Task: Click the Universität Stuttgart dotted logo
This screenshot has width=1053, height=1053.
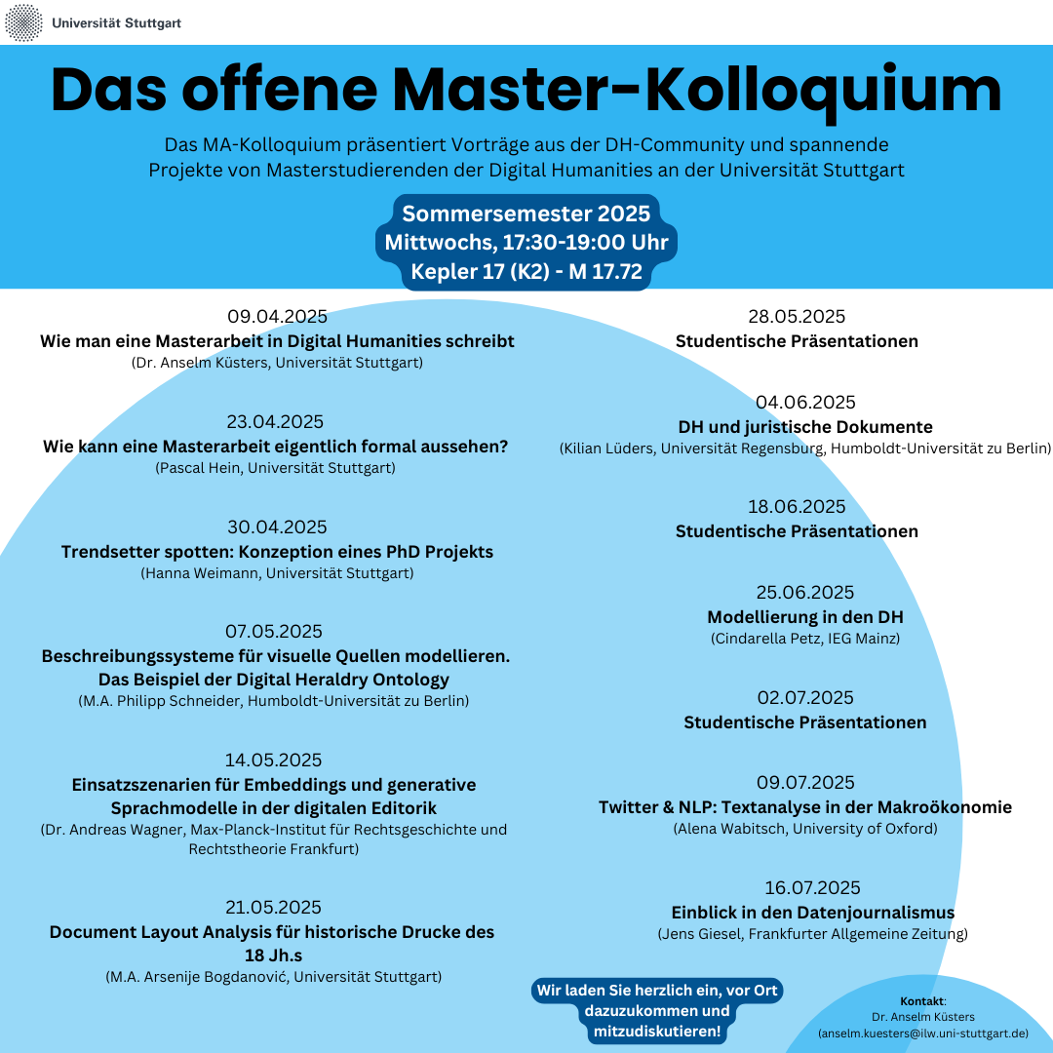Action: pyautogui.click(x=23, y=22)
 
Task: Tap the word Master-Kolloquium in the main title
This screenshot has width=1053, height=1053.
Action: pyautogui.click(x=696, y=92)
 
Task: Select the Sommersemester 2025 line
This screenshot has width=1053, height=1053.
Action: pyautogui.click(x=526, y=214)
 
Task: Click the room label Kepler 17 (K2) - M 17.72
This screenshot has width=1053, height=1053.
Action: pyautogui.click(x=526, y=271)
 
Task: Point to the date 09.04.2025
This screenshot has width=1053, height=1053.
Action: pyautogui.click(x=277, y=316)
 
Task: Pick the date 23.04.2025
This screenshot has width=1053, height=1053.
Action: pyautogui.click(x=275, y=422)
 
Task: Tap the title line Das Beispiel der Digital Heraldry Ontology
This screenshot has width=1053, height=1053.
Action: pyautogui.click(x=274, y=680)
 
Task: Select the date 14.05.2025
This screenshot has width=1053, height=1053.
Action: pyautogui.click(x=273, y=760)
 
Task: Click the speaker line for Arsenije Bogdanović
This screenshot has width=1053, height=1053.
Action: pyautogui.click(x=274, y=976)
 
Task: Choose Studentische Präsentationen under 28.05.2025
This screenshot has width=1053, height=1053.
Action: pyautogui.click(x=798, y=341)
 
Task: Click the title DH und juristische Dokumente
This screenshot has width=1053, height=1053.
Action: pyautogui.click(x=805, y=427)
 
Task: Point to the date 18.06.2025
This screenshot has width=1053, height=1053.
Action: pyautogui.click(x=798, y=507)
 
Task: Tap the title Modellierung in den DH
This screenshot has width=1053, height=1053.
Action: pyautogui.click(x=805, y=617)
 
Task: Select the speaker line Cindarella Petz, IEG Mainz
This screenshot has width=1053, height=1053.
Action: pyautogui.click(x=805, y=638)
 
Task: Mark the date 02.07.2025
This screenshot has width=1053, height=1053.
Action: pyautogui.click(x=805, y=698)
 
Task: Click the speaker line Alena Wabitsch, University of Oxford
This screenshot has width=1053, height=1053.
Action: pyautogui.click(x=805, y=829)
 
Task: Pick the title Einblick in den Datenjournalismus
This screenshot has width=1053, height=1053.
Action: pyautogui.click(x=813, y=913)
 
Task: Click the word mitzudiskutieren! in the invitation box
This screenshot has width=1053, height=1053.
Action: pyautogui.click(x=657, y=1032)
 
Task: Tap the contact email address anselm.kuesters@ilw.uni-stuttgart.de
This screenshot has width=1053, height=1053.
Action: pyautogui.click(x=923, y=1033)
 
